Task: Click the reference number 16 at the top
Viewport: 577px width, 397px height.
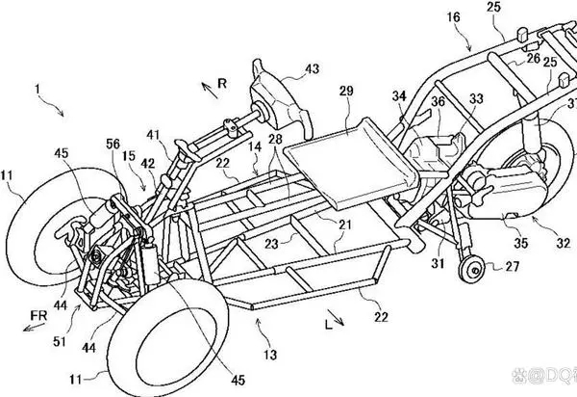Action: click(x=454, y=17)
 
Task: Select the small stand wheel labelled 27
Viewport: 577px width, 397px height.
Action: click(x=472, y=270)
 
